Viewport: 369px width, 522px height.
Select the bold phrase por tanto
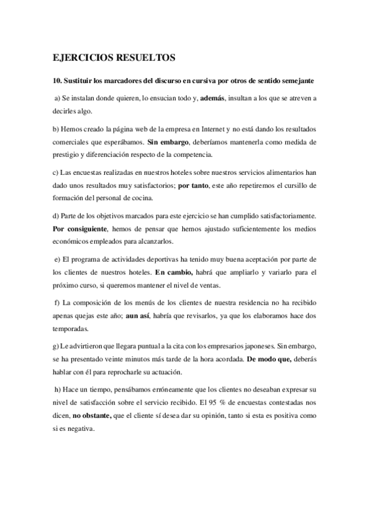(x=192, y=185)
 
